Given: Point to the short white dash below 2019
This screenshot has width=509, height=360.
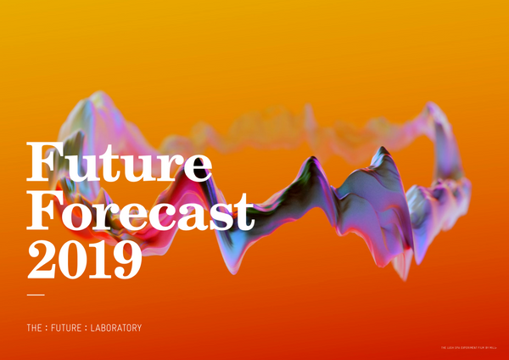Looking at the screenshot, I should click(x=36, y=295).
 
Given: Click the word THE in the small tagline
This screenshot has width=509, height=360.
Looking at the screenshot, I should click(x=36, y=327).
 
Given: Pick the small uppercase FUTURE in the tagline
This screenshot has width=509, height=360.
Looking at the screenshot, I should click(x=73, y=327).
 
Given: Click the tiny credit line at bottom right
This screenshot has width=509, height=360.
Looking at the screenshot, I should click(x=471, y=346).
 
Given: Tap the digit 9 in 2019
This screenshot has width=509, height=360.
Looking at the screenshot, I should click(x=125, y=258).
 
